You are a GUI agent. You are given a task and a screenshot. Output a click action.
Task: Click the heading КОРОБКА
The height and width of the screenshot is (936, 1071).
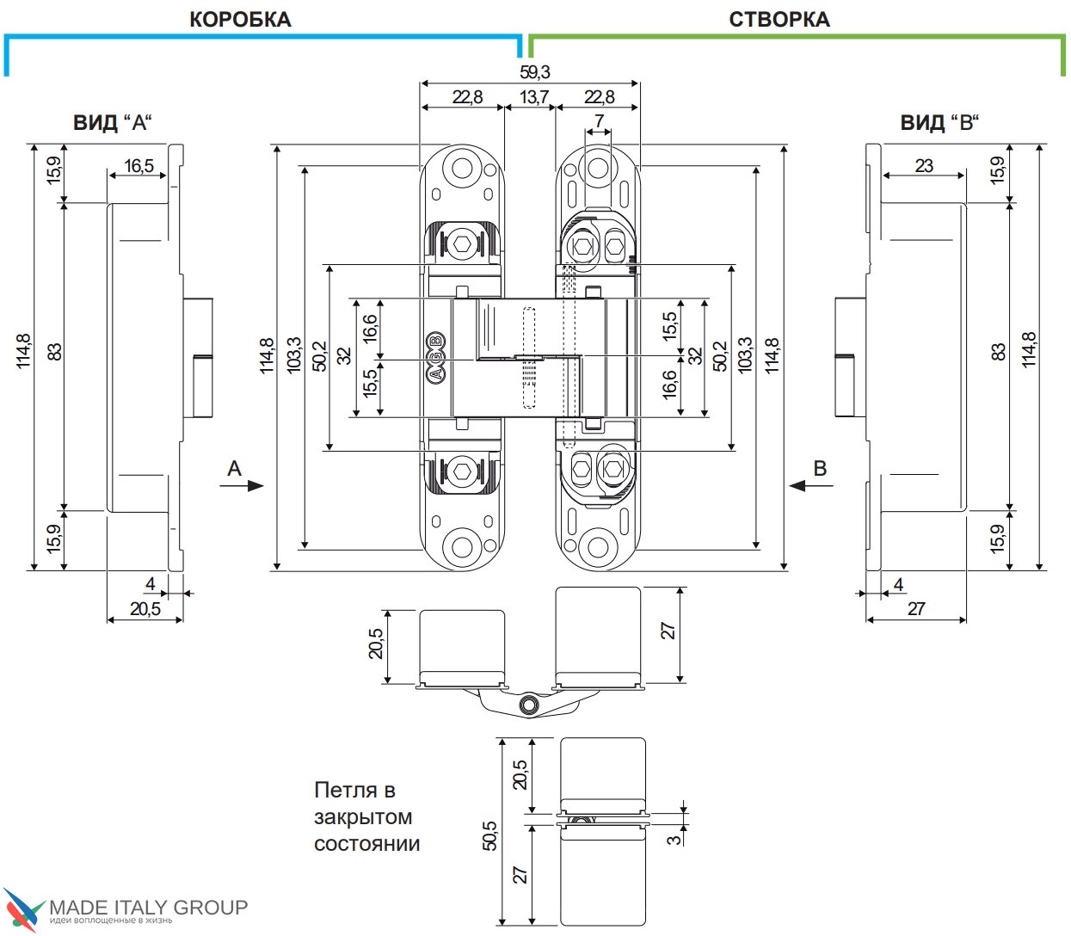tap(240, 20)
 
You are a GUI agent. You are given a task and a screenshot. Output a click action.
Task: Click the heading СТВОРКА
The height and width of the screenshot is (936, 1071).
tap(779, 20)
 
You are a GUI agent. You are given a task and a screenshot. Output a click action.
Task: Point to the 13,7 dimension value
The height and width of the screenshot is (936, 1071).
tap(533, 97)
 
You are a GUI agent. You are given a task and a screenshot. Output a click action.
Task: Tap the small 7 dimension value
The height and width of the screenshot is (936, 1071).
tap(599, 121)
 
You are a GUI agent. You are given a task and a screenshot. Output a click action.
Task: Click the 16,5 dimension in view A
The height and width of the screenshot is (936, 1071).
tap(138, 166)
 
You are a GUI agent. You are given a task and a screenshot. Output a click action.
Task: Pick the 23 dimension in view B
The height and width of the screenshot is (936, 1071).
tap(924, 166)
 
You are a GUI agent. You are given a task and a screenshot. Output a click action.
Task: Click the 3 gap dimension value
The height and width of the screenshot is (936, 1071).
tap(674, 834)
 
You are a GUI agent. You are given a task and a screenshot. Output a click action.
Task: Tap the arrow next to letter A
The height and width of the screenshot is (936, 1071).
tap(249, 486)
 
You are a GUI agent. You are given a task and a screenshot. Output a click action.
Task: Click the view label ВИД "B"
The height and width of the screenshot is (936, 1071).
tap(939, 123)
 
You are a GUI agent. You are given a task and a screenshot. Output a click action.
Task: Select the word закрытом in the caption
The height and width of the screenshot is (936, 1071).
tap(362, 817)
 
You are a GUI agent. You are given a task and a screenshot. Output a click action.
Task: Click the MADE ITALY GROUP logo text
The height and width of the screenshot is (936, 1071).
tap(148, 907)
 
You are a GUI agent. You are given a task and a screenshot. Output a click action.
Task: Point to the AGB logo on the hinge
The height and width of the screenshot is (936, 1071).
tap(435, 357)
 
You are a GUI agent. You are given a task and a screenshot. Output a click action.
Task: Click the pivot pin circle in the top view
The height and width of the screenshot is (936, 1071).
tap(526, 705)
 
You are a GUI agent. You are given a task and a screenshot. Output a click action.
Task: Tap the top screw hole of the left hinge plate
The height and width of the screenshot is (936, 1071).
tap(463, 168)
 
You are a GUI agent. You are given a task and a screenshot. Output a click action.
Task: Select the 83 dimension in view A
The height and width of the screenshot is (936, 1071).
tap(55, 352)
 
